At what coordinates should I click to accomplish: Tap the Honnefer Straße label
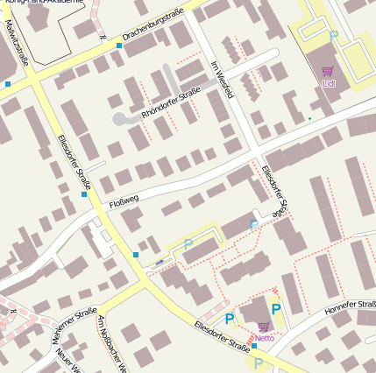(350, 308)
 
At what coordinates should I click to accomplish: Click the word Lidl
(329, 84)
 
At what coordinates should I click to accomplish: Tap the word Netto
(265, 337)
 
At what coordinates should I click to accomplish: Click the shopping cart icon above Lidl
(328, 72)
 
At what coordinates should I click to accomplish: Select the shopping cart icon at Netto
(264, 327)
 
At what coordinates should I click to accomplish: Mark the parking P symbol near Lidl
(333, 37)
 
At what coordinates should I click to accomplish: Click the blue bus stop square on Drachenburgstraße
(119, 45)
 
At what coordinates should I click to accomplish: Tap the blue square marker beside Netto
(254, 346)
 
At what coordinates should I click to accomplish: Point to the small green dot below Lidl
(309, 118)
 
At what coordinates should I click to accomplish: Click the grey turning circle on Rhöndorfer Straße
(119, 118)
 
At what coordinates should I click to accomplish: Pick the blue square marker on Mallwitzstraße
(8, 84)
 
